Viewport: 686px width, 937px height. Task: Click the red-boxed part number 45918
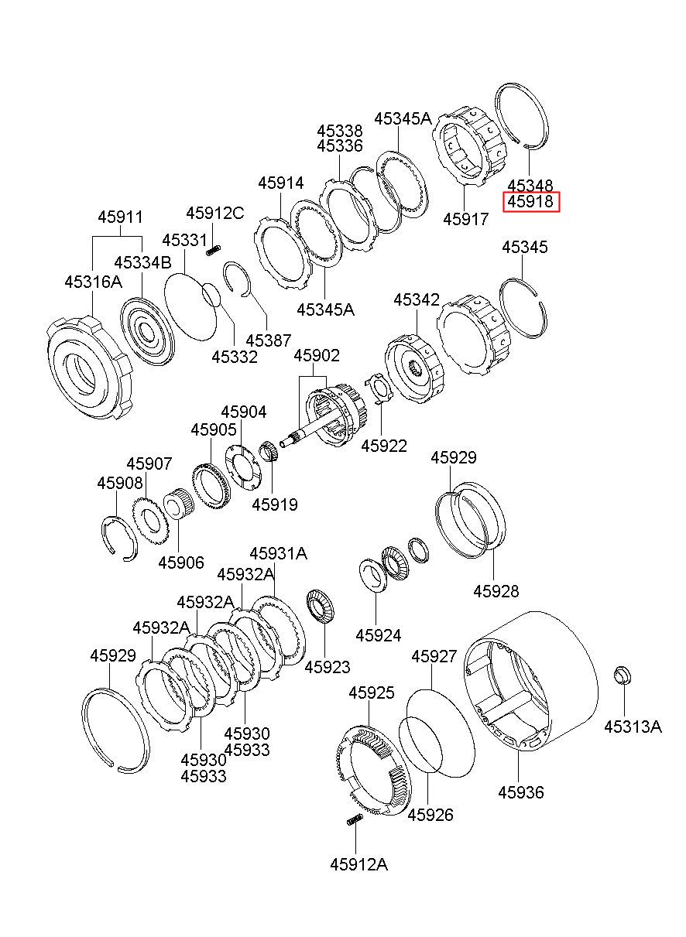pos(530,202)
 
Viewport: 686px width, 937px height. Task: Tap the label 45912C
pos(214,214)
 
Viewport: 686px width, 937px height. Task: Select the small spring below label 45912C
pos(214,251)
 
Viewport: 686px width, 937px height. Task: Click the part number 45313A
pos(633,727)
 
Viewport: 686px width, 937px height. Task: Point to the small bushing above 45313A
pos(623,675)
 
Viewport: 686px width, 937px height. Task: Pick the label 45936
pos(520,792)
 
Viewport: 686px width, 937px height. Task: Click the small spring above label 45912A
pos(355,820)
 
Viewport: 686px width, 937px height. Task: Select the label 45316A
pos(94,282)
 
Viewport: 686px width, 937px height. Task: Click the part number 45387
pos(269,340)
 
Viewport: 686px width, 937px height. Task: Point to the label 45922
pos(384,446)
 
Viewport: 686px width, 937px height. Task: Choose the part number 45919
pos(275,504)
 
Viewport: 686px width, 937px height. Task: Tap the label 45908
pos(120,484)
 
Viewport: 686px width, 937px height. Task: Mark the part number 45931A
pos(278,554)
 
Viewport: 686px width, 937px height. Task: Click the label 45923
pos(327,667)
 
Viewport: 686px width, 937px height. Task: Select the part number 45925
pos(371,692)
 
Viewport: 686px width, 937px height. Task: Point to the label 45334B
pos(142,263)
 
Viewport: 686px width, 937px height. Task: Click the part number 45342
pos(417,300)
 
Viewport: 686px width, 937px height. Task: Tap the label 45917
pos(466,219)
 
